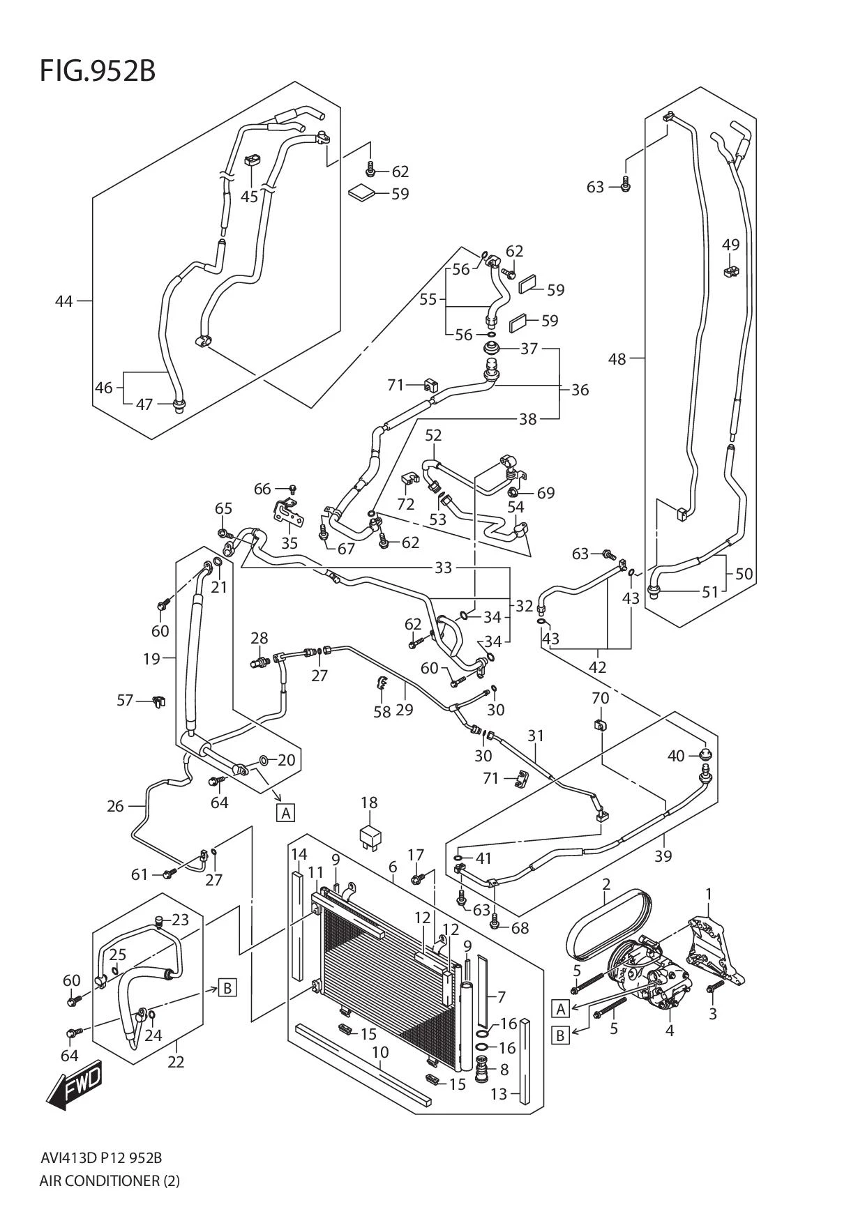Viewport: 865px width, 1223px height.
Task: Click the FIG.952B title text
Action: coord(97,71)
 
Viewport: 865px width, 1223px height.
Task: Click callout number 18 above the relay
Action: coord(369,803)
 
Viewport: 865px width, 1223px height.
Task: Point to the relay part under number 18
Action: coord(370,835)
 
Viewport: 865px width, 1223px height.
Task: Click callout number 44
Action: coord(63,301)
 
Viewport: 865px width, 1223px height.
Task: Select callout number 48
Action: coord(617,359)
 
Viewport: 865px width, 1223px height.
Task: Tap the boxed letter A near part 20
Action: coord(285,813)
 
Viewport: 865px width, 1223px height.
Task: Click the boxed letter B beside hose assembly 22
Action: coord(227,987)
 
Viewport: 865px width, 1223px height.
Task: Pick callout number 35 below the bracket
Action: coord(289,543)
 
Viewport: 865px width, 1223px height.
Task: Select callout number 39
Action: coord(663,856)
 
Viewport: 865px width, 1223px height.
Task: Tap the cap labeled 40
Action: coord(705,754)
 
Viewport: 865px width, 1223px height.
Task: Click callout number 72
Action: coord(405,503)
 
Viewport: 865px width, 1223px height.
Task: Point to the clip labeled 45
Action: coord(252,161)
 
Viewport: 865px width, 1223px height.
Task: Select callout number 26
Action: coord(115,807)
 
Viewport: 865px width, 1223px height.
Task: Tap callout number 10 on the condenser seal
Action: coord(380,1052)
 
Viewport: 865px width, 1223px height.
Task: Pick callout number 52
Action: coord(433,435)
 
